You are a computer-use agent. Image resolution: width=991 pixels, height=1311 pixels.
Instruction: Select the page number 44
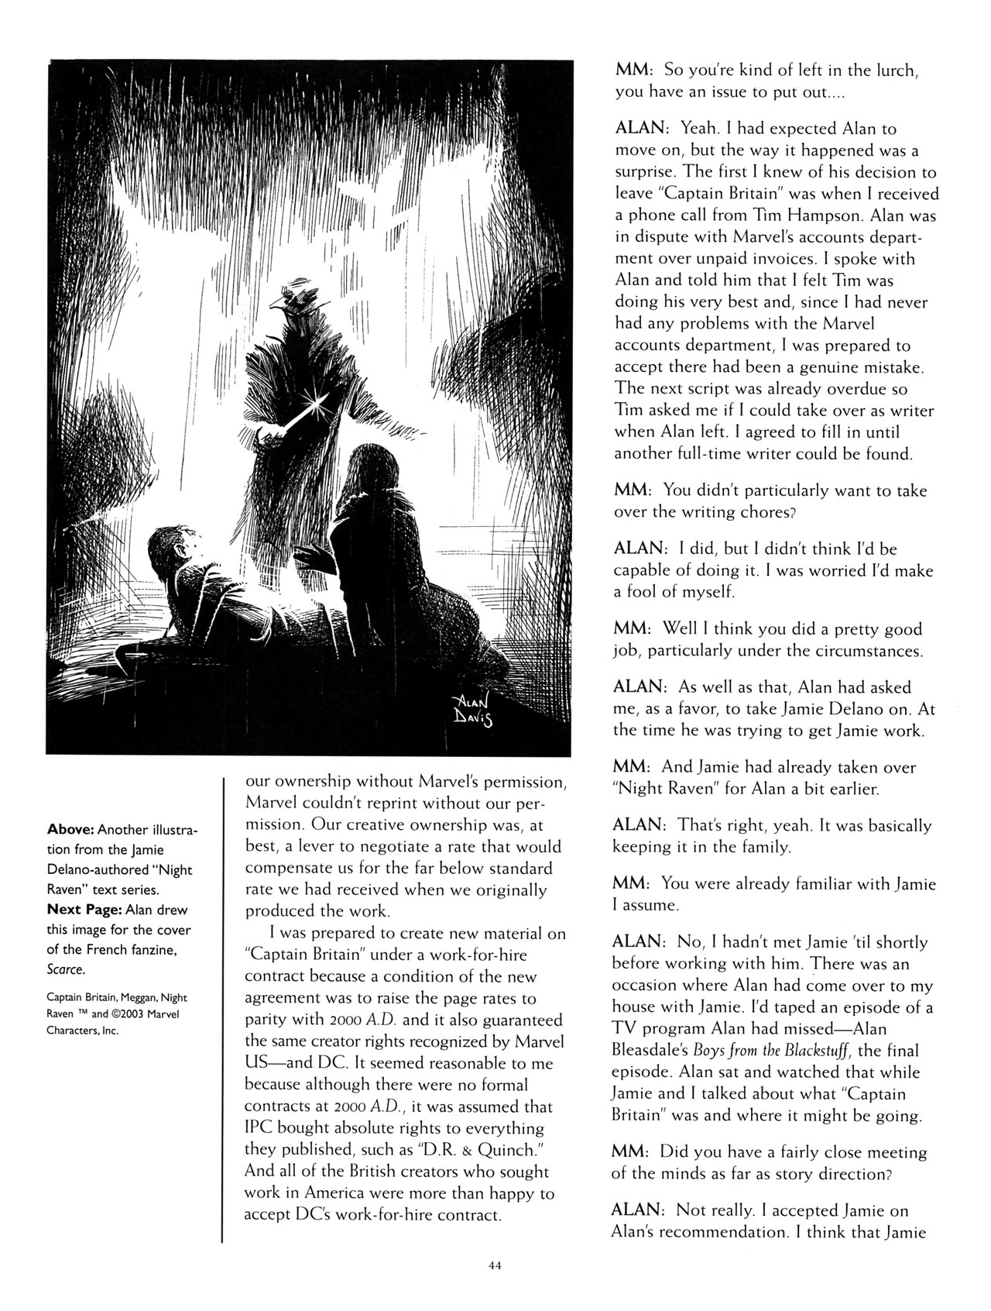tap(495, 1265)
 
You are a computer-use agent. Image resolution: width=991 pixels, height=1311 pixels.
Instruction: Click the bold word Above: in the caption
tap(70, 830)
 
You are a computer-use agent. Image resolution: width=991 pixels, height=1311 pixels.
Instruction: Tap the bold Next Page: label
tap(84, 910)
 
